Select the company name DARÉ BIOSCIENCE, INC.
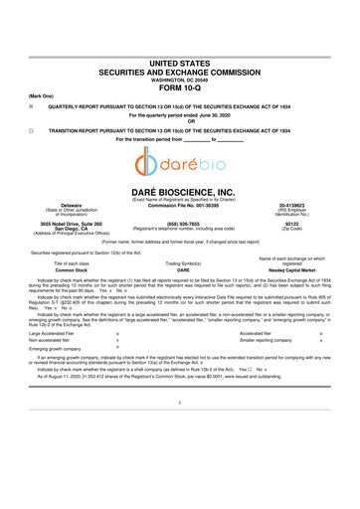(x=179, y=196)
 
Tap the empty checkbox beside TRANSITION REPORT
(x=33, y=130)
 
